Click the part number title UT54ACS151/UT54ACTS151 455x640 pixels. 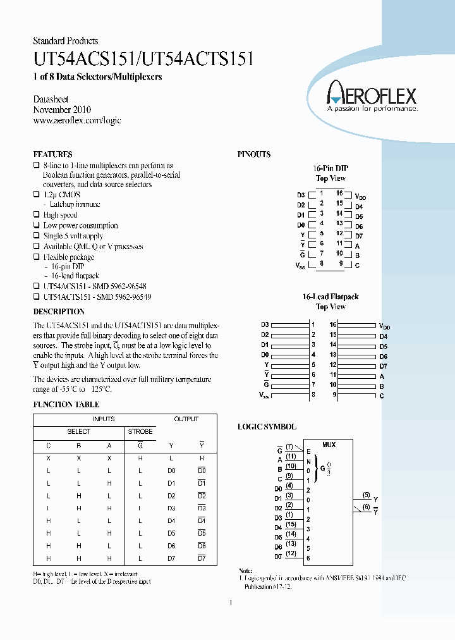[x=143, y=59]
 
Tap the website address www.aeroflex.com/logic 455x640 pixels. [x=76, y=120]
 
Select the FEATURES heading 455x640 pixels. [x=52, y=154]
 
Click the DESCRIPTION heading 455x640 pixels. [x=59, y=312]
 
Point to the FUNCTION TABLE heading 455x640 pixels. [x=66, y=405]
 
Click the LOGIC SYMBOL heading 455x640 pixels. [x=267, y=427]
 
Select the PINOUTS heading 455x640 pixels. [x=254, y=154]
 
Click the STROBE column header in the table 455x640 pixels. [x=140, y=431]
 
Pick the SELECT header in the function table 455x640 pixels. [x=79, y=431]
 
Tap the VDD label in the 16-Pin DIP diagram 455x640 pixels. [x=360, y=197]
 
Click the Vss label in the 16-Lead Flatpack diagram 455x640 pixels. [x=264, y=395]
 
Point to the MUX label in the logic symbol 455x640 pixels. [x=329, y=445]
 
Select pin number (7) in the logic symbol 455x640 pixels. [x=289, y=446]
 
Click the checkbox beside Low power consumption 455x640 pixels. [x=36, y=226]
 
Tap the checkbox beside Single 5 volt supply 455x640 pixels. [x=36, y=236]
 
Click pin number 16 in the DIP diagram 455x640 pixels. [x=339, y=194]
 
